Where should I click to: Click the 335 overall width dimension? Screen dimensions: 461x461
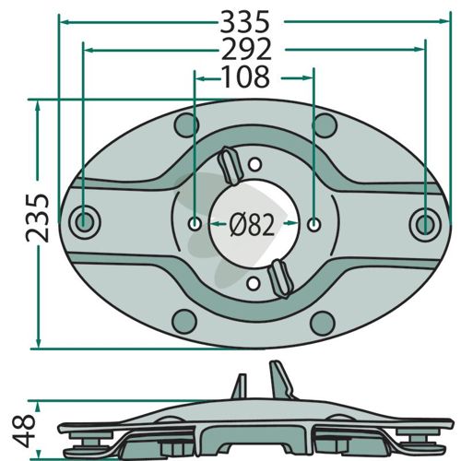pos(245,22)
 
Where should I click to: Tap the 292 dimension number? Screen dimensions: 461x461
pos(246,49)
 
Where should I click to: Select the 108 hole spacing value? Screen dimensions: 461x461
pos(246,77)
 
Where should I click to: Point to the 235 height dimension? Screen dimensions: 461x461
pos(38,218)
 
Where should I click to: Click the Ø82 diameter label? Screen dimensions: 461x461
pos(252,225)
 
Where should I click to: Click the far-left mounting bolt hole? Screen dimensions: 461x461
pos(85,222)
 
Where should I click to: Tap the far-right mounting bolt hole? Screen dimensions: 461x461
pos(425,224)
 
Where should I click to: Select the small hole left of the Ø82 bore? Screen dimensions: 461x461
pos(195,224)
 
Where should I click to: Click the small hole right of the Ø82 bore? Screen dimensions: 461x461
pos(313,224)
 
